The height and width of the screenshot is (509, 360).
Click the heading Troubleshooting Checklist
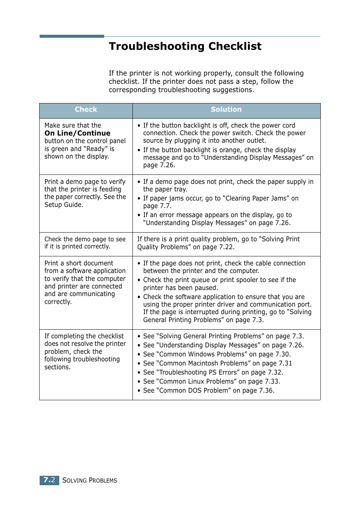[185, 46]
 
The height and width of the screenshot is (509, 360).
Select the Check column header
[86, 110]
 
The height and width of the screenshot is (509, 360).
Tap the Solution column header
[226, 110]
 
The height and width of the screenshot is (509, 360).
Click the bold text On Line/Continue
[77, 133]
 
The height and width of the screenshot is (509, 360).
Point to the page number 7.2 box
[49, 480]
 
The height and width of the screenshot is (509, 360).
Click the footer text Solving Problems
[90, 480]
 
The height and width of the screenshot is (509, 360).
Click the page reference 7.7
[164, 206]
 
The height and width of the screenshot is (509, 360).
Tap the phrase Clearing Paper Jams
[256, 198]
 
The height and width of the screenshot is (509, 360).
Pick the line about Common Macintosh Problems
[217, 363]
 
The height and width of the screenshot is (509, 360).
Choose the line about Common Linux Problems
[211, 381]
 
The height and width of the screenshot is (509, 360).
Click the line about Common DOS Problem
[209, 390]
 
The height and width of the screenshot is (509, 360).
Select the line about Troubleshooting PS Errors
[213, 372]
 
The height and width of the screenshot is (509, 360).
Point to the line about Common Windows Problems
[217, 354]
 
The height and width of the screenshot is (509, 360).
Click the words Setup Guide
[63, 205]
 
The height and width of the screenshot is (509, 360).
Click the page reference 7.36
[266, 390]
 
